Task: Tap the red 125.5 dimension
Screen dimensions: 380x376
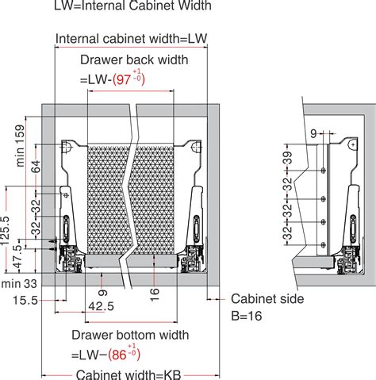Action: pos(6,230)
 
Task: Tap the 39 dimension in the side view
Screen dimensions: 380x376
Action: pos(288,157)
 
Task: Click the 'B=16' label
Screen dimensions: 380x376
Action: pos(250,316)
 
